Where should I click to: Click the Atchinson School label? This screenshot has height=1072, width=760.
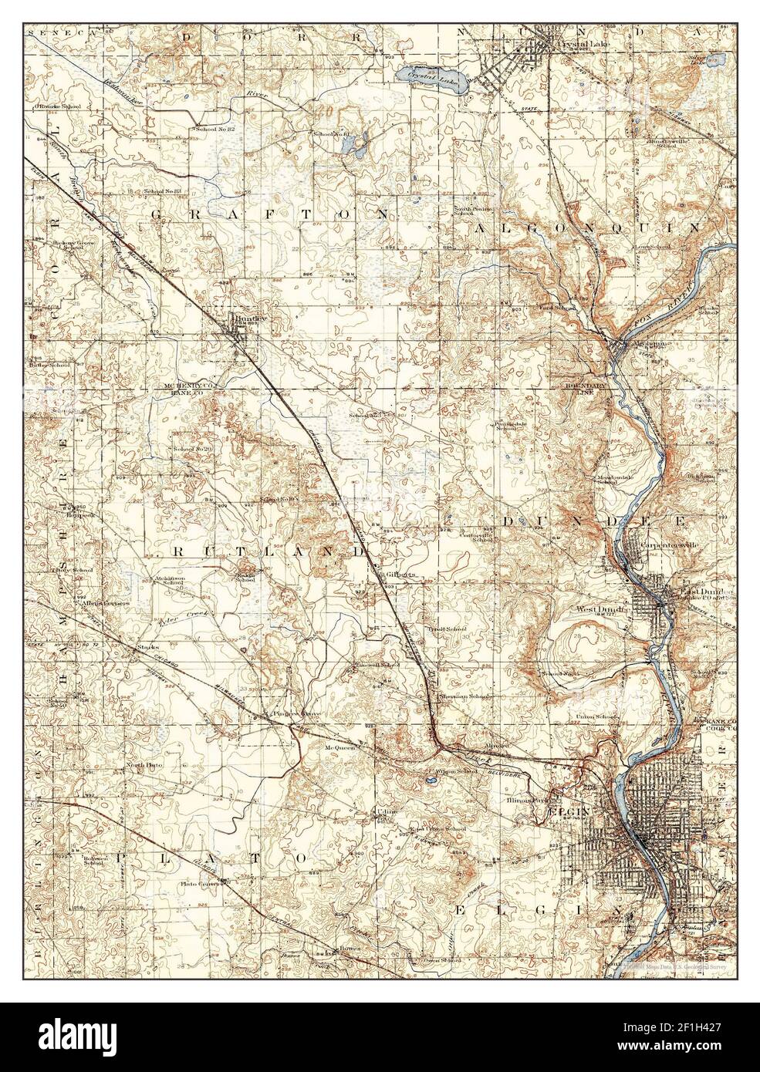pos(167,579)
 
